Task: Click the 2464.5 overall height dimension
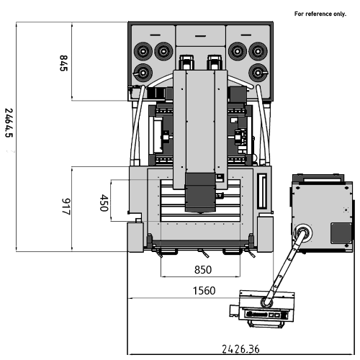pyautogui.click(x=9, y=122)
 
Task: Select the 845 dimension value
pyautogui.click(x=63, y=63)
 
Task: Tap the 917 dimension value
pyautogui.click(x=66, y=207)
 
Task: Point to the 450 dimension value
pyautogui.click(x=104, y=203)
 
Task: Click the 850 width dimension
pyautogui.click(x=203, y=270)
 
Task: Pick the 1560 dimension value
pyautogui.click(x=204, y=291)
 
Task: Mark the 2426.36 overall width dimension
pyautogui.click(x=240, y=349)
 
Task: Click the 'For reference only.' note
pyautogui.click(x=320, y=14)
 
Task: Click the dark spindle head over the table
pyautogui.click(x=200, y=193)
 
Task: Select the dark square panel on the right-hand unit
pyautogui.click(x=341, y=233)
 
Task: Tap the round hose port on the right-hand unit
pyautogui.click(x=303, y=233)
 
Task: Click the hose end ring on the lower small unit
pyautogui.click(x=266, y=302)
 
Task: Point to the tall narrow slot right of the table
pyautogui.click(x=262, y=191)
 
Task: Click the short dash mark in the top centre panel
pyautogui.click(x=200, y=36)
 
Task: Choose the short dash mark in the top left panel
pyautogui.click(x=155, y=35)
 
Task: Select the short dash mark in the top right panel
pyautogui.click(x=246, y=35)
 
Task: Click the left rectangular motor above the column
pyautogui.click(x=186, y=63)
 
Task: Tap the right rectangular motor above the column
pyautogui.click(x=215, y=63)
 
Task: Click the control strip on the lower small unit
pyautogui.click(x=266, y=315)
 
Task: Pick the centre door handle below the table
pyautogui.click(x=203, y=253)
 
